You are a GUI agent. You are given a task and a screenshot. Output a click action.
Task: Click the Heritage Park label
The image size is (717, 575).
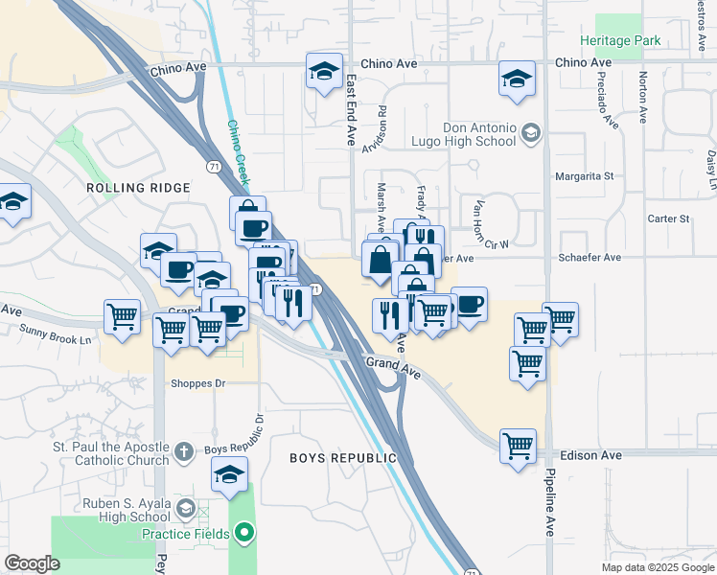click(620, 41)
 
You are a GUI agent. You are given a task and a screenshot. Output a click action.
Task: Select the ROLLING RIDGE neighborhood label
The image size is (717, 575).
click(138, 188)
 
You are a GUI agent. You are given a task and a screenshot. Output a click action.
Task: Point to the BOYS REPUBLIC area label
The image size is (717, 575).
click(343, 458)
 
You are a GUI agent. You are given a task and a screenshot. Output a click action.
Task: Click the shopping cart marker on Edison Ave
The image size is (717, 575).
click(518, 446)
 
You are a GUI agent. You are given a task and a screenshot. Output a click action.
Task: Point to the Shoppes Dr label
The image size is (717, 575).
click(197, 384)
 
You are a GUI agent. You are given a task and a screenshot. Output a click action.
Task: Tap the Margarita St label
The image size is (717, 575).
click(584, 176)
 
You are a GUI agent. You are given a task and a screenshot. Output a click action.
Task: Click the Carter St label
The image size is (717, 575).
click(668, 218)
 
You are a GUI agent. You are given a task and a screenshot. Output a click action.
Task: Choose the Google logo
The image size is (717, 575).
click(33, 563)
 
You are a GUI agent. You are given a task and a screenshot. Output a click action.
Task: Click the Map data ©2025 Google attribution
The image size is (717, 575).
click(657, 567)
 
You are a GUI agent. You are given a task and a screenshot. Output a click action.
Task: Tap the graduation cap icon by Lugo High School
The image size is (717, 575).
click(530, 134)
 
